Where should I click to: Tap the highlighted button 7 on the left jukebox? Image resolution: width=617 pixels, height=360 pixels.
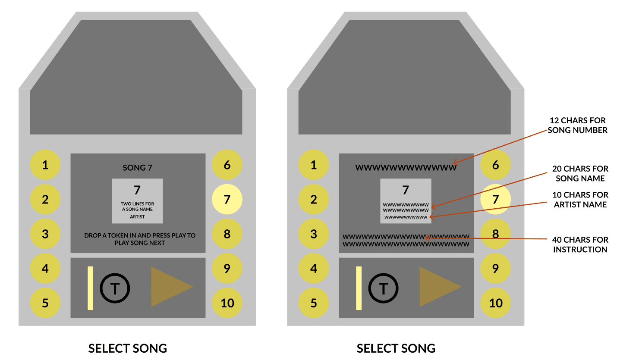click(x=227, y=199)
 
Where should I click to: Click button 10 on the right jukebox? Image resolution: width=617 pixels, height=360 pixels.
click(x=495, y=303)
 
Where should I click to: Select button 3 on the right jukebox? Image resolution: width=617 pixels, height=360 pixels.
click(x=314, y=234)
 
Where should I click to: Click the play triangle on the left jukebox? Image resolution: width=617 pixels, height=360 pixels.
click(x=169, y=287)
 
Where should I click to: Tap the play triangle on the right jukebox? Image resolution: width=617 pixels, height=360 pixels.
click(x=437, y=287)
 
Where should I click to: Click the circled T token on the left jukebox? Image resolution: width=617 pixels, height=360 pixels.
click(x=115, y=288)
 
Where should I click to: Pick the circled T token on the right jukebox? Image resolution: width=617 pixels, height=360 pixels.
click(x=383, y=288)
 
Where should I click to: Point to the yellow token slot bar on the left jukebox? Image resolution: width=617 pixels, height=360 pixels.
click(x=90, y=288)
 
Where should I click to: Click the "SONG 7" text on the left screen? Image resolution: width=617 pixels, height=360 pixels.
click(x=137, y=168)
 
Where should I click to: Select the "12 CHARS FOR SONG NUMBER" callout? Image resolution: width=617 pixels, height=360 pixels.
click(x=577, y=125)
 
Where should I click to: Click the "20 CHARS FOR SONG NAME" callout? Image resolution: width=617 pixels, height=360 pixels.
click(x=580, y=173)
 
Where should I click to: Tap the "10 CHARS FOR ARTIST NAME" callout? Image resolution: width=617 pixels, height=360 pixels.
click(x=580, y=200)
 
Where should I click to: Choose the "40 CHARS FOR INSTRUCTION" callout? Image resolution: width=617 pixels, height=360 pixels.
click(x=580, y=244)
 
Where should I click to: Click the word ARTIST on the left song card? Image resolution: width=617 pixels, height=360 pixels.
click(x=137, y=217)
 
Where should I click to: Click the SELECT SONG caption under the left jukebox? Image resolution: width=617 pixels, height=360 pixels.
click(x=127, y=348)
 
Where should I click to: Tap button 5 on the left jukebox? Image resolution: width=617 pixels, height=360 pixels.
click(x=45, y=303)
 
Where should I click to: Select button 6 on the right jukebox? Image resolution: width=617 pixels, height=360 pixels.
click(x=495, y=165)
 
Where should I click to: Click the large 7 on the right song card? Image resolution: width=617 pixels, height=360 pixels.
click(x=406, y=190)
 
